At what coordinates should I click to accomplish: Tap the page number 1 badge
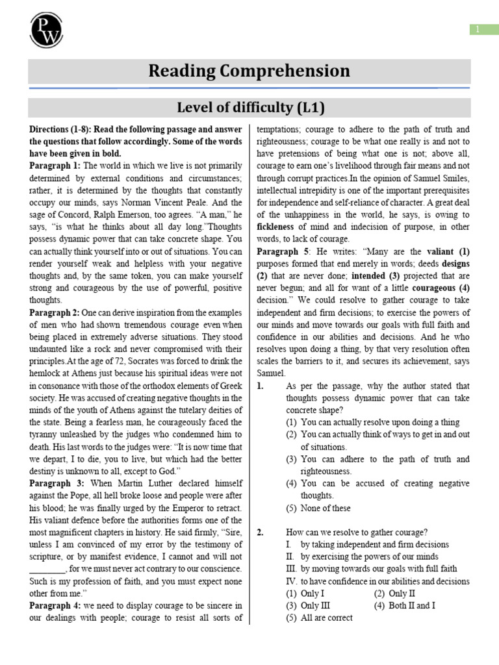click(x=477, y=29)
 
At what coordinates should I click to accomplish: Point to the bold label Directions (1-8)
click(x=65, y=129)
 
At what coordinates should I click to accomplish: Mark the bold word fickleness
click(x=277, y=227)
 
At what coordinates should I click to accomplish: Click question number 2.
click(x=261, y=533)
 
